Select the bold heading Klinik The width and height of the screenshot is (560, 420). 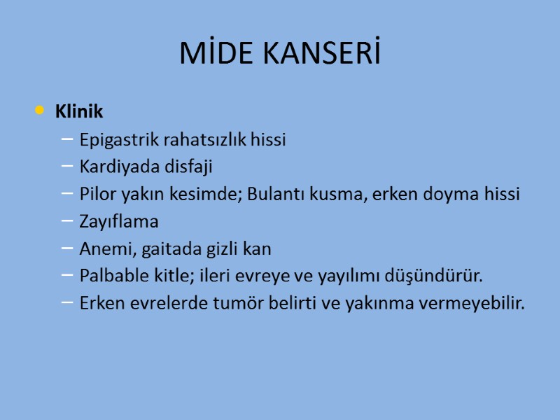pyautogui.click(x=79, y=111)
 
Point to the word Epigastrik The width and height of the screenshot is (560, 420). pyautogui.click(x=118, y=139)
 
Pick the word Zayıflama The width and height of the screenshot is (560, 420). pyautogui.click(x=119, y=222)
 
